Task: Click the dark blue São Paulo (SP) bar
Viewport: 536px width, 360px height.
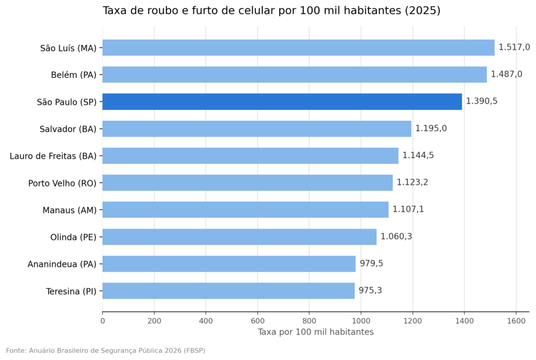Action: (x=282, y=102)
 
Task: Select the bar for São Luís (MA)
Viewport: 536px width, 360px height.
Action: (x=298, y=48)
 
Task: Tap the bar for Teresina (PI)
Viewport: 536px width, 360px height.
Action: (x=228, y=290)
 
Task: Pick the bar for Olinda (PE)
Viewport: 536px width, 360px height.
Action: (x=239, y=237)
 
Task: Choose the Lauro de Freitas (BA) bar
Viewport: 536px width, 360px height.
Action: (x=250, y=155)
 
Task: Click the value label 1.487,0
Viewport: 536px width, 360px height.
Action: (x=507, y=74)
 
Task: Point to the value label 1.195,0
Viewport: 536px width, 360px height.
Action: (x=431, y=128)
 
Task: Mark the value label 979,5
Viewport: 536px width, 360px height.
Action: (x=371, y=263)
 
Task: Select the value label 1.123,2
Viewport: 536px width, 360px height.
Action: (x=412, y=183)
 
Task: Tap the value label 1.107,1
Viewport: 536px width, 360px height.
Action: (x=408, y=209)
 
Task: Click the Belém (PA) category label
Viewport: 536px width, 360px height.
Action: (x=74, y=75)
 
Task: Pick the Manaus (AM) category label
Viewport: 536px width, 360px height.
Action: (x=70, y=210)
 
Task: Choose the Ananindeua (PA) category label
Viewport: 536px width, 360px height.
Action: (x=62, y=264)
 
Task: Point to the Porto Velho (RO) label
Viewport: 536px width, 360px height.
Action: (x=63, y=183)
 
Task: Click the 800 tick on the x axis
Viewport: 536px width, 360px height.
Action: (x=309, y=321)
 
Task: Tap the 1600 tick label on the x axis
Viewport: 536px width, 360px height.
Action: (x=516, y=321)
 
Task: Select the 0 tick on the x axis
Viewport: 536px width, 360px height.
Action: (x=103, y=321)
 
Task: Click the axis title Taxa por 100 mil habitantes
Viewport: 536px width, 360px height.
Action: (x=316, y=332)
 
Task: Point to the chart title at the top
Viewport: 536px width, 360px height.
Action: (x=272, y=10)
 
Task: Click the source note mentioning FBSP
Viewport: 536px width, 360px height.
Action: (x=106, y=351)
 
